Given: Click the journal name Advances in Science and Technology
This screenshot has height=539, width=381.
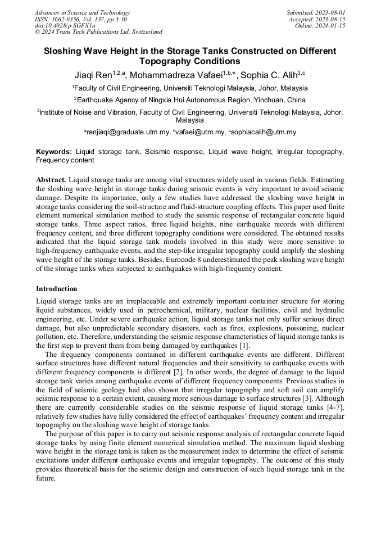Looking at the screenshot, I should (x=82, y=12).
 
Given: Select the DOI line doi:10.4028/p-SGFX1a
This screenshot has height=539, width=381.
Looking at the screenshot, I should (x=65, y=25).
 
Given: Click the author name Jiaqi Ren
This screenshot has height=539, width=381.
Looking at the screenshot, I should (x=93, y=75).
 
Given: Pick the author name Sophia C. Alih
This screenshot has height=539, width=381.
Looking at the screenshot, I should (x=269, y=75).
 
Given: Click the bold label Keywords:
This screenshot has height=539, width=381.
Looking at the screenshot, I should (x=54, y=152).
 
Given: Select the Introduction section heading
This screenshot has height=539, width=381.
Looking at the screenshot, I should (x=57, y=289).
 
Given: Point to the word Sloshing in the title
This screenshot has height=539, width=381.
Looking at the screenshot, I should (x=63, y=51).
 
